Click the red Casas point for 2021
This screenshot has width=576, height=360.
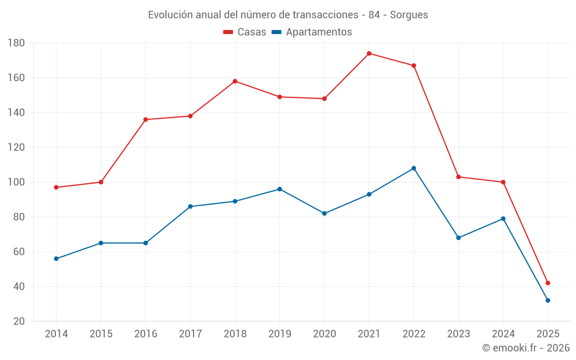click(369, 54)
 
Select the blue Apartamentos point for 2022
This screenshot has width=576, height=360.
click(414, 168)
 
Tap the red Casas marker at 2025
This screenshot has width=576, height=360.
click(548, 283)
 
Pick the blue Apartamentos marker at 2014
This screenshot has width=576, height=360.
click(56, 259)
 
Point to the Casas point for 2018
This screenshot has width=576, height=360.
click(235, 81)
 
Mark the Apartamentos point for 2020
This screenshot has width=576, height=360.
click(324, 214)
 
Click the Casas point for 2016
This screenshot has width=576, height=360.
click(146, 119)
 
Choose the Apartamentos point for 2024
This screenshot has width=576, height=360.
click(503, 219)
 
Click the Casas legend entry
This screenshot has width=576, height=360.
click(245, 32)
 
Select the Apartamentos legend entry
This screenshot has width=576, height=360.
click(312, 32)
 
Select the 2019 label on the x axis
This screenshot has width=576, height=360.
click(279, 334)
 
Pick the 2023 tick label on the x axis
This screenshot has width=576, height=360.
click(458, 334)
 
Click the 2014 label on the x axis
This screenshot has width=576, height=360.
click(56, 334)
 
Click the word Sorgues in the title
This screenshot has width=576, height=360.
click(409, 15)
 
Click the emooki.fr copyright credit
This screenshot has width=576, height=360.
click(526, 348)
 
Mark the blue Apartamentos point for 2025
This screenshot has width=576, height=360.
click(548, 300)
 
